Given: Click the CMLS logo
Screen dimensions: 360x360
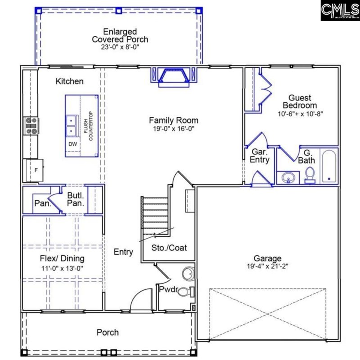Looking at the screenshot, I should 340,10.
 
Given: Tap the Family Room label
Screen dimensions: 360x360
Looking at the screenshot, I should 173,120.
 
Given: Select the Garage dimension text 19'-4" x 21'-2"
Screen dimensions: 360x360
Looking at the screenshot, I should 267,266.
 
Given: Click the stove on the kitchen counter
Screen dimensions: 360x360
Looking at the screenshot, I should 31,126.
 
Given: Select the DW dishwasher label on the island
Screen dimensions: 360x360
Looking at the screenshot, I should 72,144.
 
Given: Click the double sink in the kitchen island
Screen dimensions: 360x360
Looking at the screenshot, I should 72,126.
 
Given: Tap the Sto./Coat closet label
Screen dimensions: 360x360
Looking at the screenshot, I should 169,247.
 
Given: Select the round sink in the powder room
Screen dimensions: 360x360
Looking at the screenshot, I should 188,274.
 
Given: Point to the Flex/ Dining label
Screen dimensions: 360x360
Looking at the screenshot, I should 61,259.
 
